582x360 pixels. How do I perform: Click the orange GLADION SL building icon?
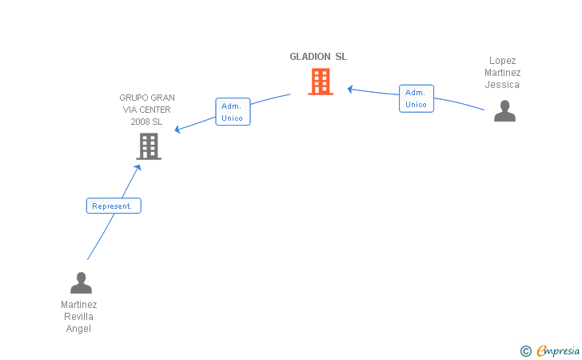tap(321, 82)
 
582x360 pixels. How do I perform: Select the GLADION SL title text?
tap(318, 57)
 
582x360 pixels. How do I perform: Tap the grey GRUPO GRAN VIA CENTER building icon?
tap(149, 146)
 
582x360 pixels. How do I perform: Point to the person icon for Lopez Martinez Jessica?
tap(504, 110)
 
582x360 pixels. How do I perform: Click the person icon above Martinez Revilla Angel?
tap(81, 282)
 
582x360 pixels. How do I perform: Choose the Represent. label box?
tap(114, 206)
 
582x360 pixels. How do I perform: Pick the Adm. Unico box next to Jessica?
tap(417, 98)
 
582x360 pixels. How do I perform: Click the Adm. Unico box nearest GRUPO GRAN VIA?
tap(233, 112)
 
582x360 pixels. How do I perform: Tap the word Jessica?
tap(502, 85)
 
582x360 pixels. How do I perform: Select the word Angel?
tap(78, 329)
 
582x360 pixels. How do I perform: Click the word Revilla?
tap(78, 317)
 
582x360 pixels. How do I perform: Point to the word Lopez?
tap(503, 61)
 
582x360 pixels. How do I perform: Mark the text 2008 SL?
tap(146, 122)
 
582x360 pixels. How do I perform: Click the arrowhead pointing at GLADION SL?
tap(350, 89)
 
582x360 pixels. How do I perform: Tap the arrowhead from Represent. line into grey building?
tap(138, 168)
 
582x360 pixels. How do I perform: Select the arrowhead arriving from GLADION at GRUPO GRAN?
tap(177, 130)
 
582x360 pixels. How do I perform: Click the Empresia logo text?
tap(558, 350)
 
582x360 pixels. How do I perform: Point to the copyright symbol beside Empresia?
tap(526, 351)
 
